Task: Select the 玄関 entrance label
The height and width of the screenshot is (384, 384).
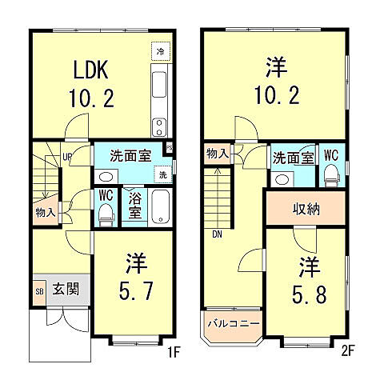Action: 66,289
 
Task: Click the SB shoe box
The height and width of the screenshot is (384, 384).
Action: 39,289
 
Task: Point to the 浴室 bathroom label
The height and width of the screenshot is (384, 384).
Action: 135,205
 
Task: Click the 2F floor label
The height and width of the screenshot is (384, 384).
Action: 346,350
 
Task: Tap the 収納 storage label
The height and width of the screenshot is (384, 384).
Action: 306,210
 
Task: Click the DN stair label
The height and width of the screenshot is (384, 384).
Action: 218,235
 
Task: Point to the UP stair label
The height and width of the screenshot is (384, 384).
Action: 68,157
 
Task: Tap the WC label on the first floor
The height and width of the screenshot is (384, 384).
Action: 104,194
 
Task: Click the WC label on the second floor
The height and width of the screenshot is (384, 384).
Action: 331,156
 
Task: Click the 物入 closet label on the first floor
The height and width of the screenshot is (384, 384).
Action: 45,213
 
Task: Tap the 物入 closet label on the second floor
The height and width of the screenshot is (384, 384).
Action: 217,153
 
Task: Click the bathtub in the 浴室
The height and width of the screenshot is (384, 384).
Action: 159,206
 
